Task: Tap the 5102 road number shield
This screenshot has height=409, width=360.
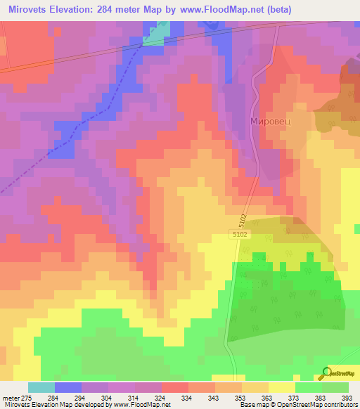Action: (x=240, y=236)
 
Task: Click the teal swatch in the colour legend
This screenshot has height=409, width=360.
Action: (x=41, y=387)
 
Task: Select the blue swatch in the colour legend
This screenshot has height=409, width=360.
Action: (x=67, y=387)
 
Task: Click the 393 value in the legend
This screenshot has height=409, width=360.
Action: (x=347, y=398)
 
